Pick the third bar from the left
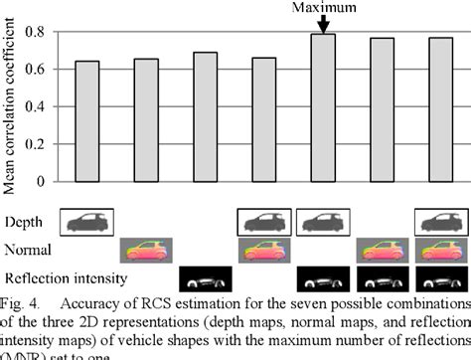click(205, 116)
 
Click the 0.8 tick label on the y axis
click(35, 32)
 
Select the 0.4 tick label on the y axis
click(35, 106)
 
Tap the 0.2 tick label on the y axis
click(35, 144)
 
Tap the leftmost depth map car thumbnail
click(87, 221)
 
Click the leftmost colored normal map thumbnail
click(146, 250)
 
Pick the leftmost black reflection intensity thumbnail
click(205, 278)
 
